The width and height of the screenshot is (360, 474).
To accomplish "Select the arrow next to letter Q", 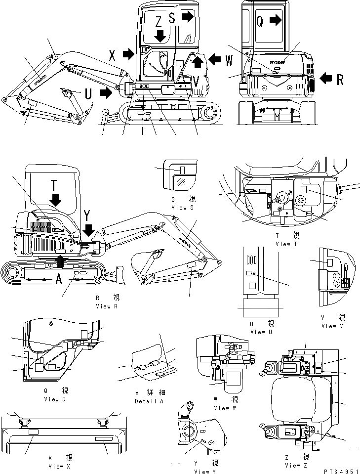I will point(276,20).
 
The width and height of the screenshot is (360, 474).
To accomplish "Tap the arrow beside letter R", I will point(326,77).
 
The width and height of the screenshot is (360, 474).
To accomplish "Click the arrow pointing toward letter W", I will point(214,59).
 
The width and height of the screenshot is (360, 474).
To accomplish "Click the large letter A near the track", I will point(59,280).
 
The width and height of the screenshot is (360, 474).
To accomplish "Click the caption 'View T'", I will point(286,244).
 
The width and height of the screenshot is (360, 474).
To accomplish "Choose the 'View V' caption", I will point(329,326).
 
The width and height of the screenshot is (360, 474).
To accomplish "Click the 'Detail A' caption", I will point(149,401).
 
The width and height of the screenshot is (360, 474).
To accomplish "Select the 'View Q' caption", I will point(55,399).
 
